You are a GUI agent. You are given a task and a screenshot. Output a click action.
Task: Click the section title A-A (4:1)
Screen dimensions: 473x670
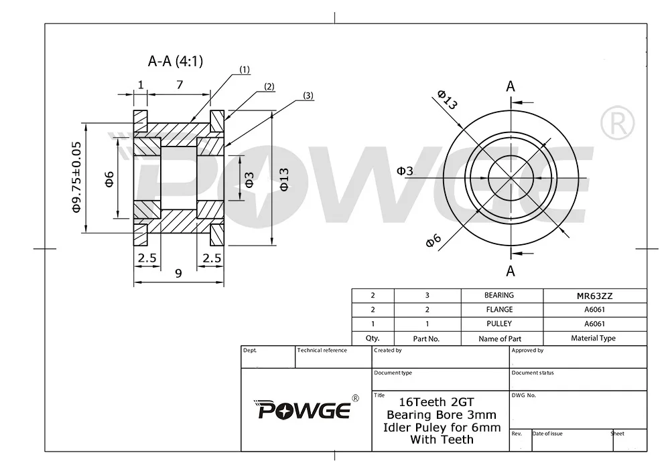click(x=175, y=62)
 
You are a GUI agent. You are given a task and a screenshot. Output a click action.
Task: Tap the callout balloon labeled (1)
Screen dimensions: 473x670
click(x=245, y=70)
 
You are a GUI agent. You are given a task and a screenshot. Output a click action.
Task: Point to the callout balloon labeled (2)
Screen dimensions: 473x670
click(x=269, y=86)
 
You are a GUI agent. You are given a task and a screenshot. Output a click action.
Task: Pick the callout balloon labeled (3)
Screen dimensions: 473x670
click(x=308, y=96)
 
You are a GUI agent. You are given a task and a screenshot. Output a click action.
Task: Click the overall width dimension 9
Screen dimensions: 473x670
click(x=178, y=273)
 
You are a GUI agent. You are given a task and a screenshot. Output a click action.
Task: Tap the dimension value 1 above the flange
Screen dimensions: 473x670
click(x=141, y=84)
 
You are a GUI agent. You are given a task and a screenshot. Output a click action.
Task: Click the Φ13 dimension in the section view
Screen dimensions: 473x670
click(x=284, y=179)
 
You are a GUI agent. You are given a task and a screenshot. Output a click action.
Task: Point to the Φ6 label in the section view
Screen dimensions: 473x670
click(x=110, y=179)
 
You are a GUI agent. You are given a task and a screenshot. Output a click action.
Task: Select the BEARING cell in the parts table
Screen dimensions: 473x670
click(x=499, y=295)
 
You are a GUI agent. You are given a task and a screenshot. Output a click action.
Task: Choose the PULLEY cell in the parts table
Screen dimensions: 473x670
click(x=499, y=324)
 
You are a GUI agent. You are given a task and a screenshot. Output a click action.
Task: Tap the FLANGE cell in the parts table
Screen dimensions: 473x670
click(x=499, y=310)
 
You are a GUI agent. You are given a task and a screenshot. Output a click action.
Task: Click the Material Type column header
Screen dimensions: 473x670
click(x=593, y=339)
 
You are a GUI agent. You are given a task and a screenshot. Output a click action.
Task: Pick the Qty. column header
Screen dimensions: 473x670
click(x=373, y=339)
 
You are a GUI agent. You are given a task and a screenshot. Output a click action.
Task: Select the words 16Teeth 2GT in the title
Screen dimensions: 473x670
click(x=436, y=402)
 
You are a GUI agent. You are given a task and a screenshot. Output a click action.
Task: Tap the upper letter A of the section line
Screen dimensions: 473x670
click(x=511, y=86)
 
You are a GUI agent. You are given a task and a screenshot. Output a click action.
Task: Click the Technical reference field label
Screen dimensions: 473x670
click(x=322, y=351)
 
